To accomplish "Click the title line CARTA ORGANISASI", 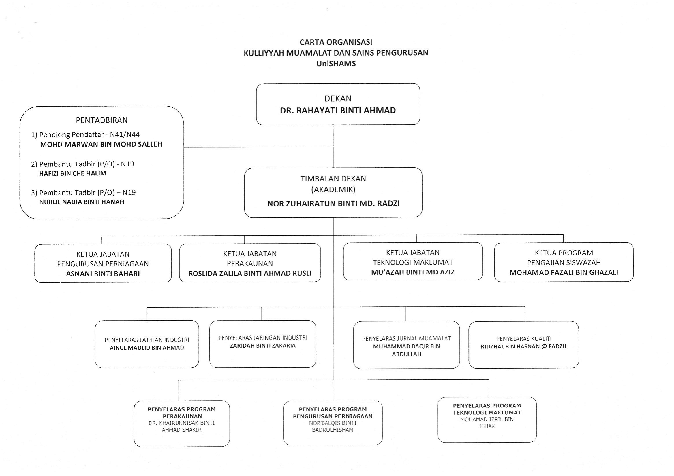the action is (x=336, y=42).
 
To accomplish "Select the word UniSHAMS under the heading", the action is (x=336, y=64).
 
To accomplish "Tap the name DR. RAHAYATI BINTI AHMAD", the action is (x=338, y=111).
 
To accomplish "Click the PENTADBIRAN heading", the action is (x=102, y=120).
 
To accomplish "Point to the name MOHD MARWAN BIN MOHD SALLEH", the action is (x=101, y=144).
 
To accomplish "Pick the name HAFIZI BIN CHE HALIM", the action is (x=73, y=173).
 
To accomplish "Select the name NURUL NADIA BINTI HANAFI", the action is (x=82, y=202).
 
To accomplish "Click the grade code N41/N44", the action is (x=125, y=134).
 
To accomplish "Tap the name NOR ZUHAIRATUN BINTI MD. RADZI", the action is (x=333, y=204).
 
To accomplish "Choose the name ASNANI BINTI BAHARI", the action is (x=103, y=274).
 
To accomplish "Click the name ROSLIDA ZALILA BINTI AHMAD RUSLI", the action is (x=250, y=274).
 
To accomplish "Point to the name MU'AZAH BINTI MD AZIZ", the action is (x=413, y=272).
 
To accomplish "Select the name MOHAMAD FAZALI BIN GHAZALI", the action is (x=564, y=273).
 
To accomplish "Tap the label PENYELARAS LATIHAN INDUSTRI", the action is (x=147, y=340).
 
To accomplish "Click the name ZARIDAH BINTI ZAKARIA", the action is (x=263, y=346).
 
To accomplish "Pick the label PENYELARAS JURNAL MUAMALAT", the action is (x=407, y=339).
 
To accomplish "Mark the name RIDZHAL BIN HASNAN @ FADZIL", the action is (x=524, y=346).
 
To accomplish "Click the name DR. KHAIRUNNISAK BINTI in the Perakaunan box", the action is (x=182, y=423).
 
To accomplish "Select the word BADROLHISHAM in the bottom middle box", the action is (x=333, y=430).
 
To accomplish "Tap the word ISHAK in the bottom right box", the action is (x=487, y=426).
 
